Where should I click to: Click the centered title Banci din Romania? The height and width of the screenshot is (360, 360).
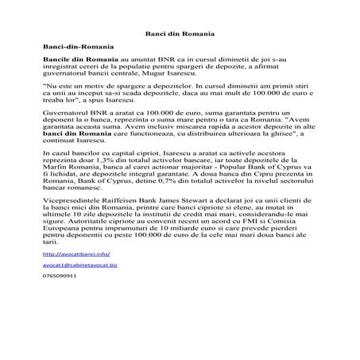(x=180, y=36)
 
